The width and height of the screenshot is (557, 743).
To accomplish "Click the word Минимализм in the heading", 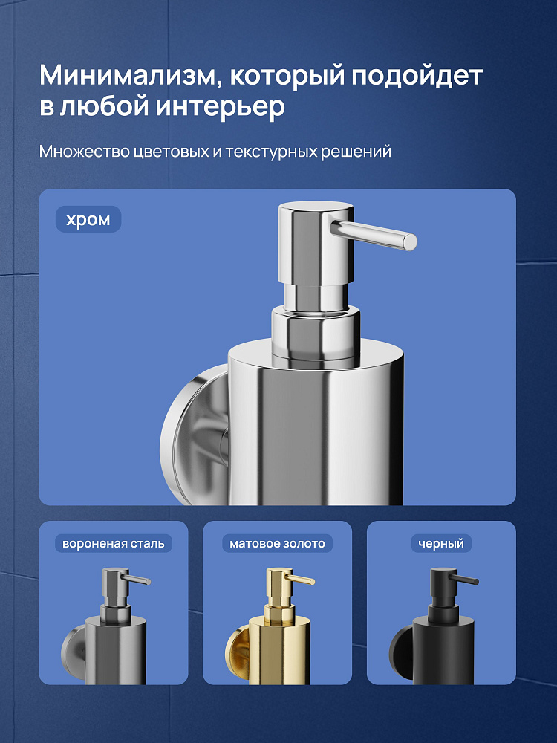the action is coord(128,75).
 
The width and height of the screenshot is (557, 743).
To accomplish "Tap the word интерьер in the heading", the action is coord(221,106).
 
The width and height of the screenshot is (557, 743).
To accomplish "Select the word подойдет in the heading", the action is coord(417,76).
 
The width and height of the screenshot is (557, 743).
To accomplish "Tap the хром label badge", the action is coord(88,219).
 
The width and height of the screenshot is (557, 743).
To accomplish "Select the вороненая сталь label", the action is coord(114,544).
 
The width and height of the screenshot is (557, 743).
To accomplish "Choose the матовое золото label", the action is coord(278,544).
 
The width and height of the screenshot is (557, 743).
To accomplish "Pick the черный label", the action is coord(441,544).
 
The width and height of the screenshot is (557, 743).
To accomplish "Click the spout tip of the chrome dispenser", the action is coord(411,241).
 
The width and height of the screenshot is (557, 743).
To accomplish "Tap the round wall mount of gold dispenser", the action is coord(238,654).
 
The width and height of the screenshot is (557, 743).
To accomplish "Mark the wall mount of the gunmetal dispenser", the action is coord(74,654).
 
